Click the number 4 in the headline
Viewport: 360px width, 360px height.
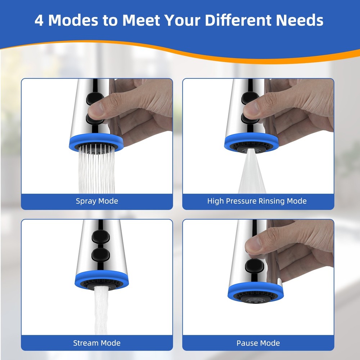[x=40, y=21]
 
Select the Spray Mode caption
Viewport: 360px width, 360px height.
[x=97, y=201]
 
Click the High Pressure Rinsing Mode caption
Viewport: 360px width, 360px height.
[x=257, y=201]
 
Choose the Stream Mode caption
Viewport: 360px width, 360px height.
[x=97, y=343]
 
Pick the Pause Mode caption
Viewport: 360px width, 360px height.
[x=258, y=343]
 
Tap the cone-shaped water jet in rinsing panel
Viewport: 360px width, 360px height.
[x=252, y=176]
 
